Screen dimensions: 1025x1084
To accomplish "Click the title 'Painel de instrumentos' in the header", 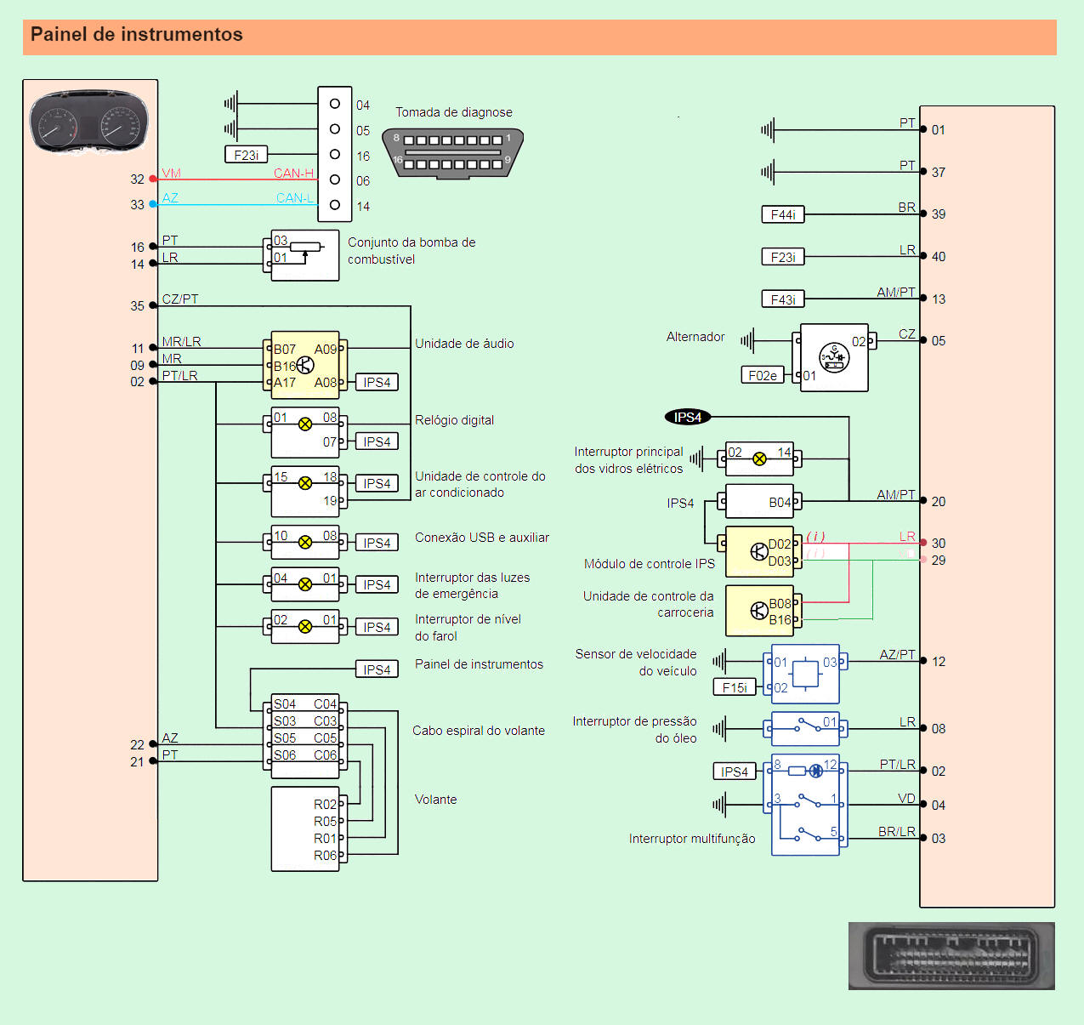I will click(137, 35).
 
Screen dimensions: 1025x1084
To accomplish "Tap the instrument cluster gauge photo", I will click(88, 122).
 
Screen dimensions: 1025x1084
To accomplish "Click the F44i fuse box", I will click(782, 214).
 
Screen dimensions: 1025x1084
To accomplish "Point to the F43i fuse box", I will click(782, 299).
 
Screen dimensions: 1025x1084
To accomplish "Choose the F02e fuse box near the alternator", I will click(762, 375).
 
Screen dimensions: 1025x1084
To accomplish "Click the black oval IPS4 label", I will click(687, 417).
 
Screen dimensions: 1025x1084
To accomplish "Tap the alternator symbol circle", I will click(834, 357).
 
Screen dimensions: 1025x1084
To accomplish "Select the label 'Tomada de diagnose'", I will click(453, 112).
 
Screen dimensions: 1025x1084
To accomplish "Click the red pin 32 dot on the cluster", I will click(153, 179).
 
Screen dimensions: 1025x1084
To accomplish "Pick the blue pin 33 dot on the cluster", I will click(153, 204).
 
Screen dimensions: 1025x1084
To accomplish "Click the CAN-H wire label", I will click(293, 174).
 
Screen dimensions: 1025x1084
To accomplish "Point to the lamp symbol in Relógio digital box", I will click(305, 424).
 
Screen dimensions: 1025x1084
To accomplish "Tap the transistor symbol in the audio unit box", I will click(305, 366).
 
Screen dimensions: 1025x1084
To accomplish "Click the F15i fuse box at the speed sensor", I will click(735, 687).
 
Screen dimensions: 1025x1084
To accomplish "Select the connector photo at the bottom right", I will click(951, 956).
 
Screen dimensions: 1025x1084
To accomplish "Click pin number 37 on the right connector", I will click(939, 173).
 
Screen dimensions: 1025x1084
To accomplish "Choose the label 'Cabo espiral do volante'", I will click(479, 731).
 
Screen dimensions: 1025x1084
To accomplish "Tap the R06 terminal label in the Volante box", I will click(325, 856).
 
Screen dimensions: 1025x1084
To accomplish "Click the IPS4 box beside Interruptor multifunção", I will click(735, 772).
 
